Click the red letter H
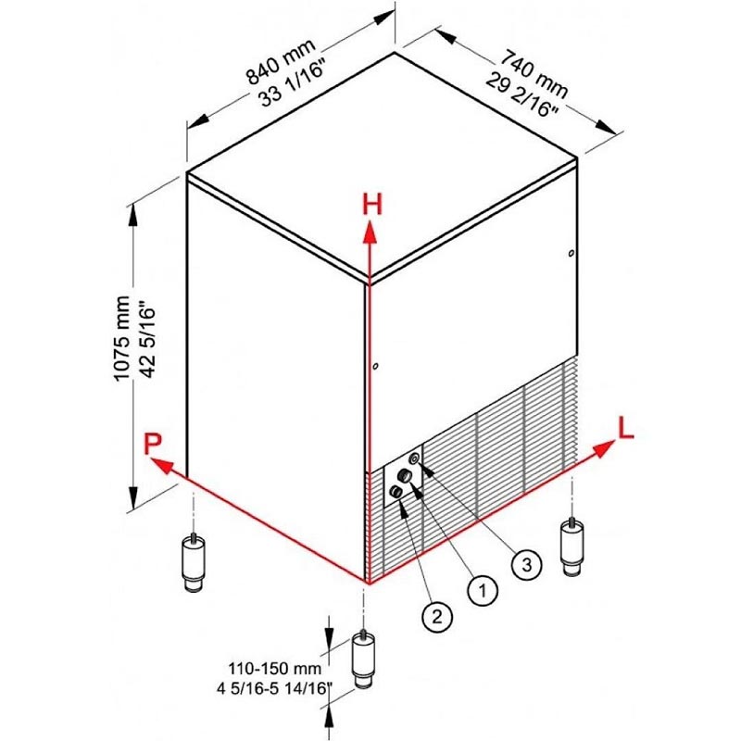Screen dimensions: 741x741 point(372,205)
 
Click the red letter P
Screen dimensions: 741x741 point(153,444)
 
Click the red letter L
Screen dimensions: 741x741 point(626,428)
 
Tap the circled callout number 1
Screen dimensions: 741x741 point(483,590)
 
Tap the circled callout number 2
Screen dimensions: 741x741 point(437,616)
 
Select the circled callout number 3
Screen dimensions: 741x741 point(526,564)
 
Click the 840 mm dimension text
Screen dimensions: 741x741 point(281,62)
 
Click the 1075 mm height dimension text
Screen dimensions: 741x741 point(122,338)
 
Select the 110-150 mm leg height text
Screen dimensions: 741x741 point(274,669)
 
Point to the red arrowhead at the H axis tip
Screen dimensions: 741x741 point(370,232)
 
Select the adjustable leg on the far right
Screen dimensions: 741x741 point(571,547)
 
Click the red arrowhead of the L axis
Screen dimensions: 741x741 point(604,448)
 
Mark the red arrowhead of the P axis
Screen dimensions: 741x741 point(160,465)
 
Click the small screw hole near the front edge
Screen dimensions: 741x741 point(375,366)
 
